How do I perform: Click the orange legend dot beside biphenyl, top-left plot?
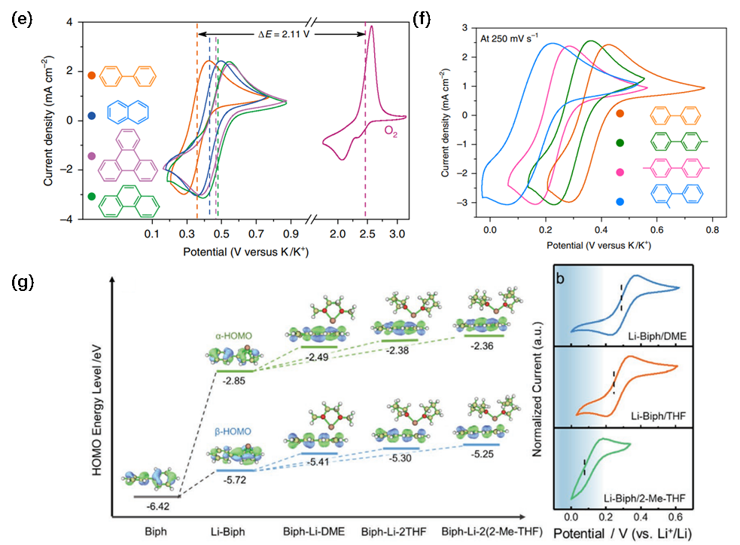91,75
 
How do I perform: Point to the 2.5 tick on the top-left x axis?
367,235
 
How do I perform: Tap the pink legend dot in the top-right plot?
620,173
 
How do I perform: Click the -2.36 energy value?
483,347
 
